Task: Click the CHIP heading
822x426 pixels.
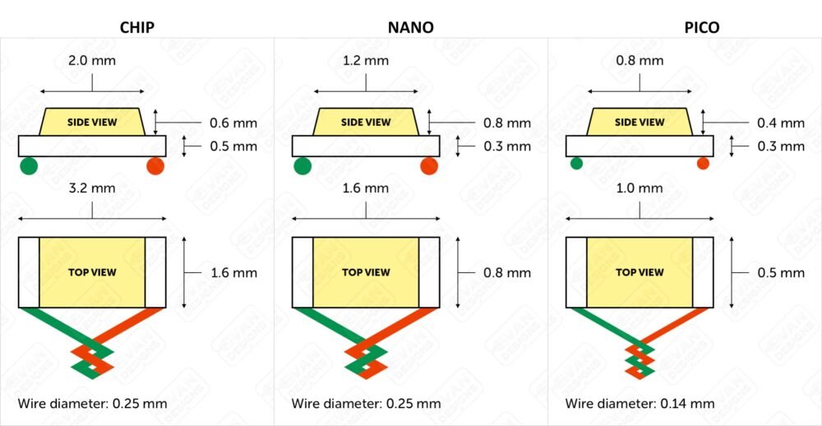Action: pyautogui.click(x=136, y=27)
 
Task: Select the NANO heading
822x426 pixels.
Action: pyautogui.click(x=411, y=27)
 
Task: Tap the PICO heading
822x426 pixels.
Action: pyautogui.click(x=702, y=27)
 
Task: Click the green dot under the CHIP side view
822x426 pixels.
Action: pyautogui.click(x=29, y=166)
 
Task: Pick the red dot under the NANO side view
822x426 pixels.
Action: pyautogui.click(x=429, y=166)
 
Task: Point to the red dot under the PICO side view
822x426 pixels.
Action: pyautogui.click(x=703, y=163)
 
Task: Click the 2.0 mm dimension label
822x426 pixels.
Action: pyautogui.click(x=92, y=61)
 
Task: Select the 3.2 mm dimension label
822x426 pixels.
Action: pyautogui.click(x=92, y=188)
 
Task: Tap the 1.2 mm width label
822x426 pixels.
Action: pyautogui.click(x=366, y=61)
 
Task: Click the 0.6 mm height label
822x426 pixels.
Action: pyautogui.click(x=233, y=124)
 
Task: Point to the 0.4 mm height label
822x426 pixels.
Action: pyautogui.click(x=781, y=124)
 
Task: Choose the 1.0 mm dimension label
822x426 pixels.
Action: pyautogui.click(x=640, y=188)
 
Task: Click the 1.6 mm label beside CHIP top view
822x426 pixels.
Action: pyautogui.click(x=233, y=273)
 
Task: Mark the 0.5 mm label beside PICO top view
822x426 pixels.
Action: pyautogui.click(x=781, y=273)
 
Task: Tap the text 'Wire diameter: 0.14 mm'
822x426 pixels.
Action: pyautogui.click(x=640, y=404)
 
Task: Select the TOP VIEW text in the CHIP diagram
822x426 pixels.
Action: pyautogui.click(x=92, y=272)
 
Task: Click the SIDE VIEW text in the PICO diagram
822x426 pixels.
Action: pyautogui.click(x=640, y=123)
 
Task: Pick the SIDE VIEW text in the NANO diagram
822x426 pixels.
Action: pyautogui.click(x=366, y=123)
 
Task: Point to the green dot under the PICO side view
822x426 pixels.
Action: pyautogui.click(x=577, y=163)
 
